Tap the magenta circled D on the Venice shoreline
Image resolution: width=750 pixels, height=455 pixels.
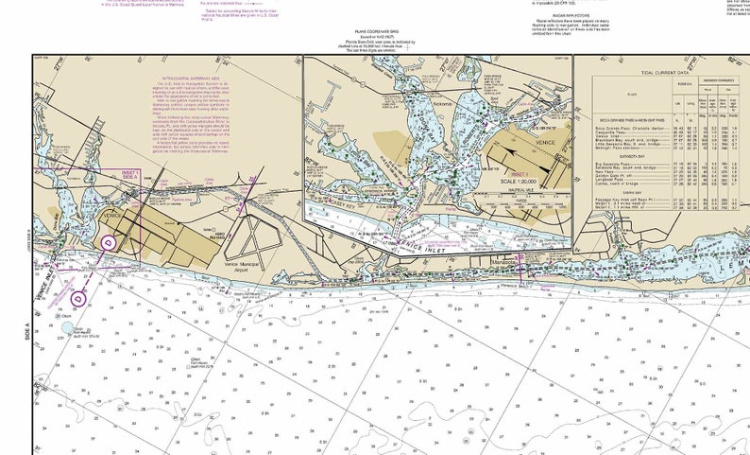pos(108,241)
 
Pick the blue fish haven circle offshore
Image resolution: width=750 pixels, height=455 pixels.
pos(67,330)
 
